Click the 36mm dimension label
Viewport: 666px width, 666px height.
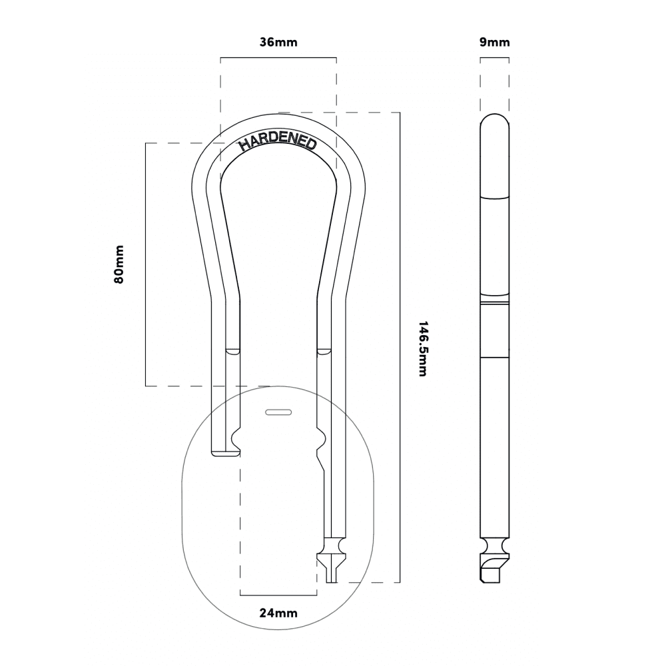point(278,42)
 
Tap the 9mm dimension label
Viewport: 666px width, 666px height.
point(494,42)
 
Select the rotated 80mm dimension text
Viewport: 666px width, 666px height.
point(119,264)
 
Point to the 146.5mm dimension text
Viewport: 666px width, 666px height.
point(422,348)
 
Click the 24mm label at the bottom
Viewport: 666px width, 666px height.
point(278,613)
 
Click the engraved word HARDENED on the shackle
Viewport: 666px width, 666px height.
point(278,142)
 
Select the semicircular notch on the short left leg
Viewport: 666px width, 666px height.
point(235,439)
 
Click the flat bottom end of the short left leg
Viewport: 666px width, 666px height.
point(225,455)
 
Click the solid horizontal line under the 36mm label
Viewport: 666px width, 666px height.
point(278,58)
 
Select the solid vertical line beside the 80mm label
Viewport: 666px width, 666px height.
point(146,264)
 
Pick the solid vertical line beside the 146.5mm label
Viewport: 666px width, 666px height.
point(400,348)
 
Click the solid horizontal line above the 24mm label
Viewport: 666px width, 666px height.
point(278,595)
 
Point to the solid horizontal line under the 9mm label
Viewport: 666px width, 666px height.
point(494,58)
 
